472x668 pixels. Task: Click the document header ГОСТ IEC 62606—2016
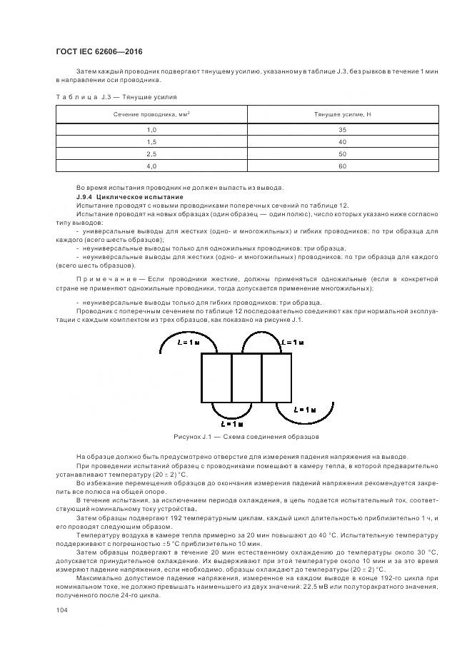99,52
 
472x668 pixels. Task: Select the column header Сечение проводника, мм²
151,114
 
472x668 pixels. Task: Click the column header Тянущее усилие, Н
342,114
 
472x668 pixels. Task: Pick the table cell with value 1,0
151,129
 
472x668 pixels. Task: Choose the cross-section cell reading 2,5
151,153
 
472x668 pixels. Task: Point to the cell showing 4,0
151,166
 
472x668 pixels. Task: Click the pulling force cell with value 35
342,129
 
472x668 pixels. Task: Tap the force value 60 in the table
342,166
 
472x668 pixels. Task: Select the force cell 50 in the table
342,153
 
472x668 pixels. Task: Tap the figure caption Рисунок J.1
245,436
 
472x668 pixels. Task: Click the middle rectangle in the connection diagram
246,378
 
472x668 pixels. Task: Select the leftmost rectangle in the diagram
216,378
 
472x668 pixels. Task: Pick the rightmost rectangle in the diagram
276,378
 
